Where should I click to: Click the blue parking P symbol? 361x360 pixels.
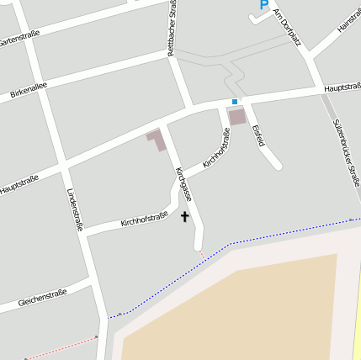click(x=263, y=5)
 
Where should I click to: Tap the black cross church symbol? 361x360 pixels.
click(x=185, y=216)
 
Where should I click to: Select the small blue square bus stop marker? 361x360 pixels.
click(x=235, y=102)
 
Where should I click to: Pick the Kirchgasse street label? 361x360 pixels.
click(x=184, y=183)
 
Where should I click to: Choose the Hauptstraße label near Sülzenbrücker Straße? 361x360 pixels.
click(x=342, y=87)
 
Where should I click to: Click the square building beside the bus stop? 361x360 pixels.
click(x=238, y=116)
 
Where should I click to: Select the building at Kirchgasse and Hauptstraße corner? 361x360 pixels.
click(x=157, y=140)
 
